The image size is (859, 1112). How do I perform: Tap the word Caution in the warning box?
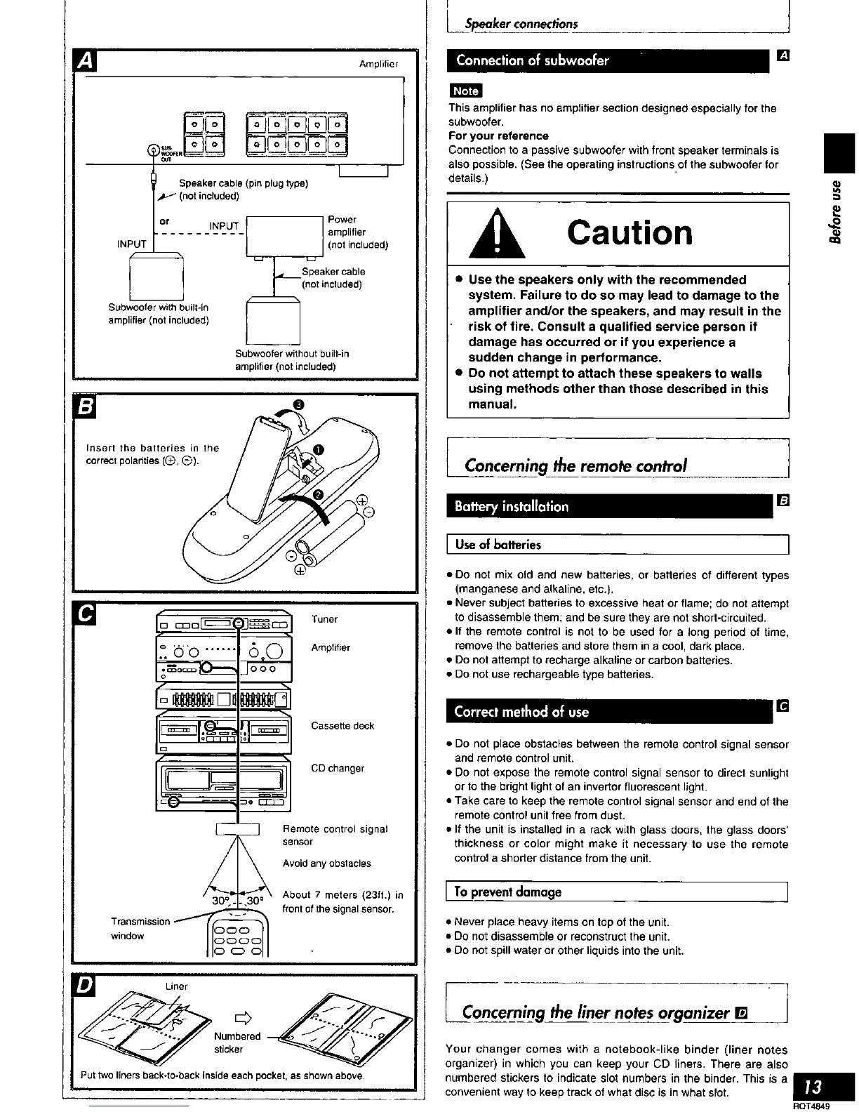point(630,232)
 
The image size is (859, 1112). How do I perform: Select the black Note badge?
point(465,91)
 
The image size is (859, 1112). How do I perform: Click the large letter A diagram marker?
point(86,62)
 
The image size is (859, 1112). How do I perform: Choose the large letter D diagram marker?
point(85,986)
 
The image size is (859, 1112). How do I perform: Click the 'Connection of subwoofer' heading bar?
point(608,60)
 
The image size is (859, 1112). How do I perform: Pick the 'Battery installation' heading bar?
point(608,506)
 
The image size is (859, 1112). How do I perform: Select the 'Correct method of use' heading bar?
point(608,711)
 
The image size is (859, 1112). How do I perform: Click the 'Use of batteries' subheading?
point(498,544)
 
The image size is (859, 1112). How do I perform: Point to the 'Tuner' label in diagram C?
point(324,619)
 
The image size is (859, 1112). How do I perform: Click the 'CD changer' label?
point(338,768)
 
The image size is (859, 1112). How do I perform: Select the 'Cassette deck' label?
point(342,726)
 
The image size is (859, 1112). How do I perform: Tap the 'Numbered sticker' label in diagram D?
point(236,1042)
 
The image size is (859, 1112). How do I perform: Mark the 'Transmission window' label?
point(140,928)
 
